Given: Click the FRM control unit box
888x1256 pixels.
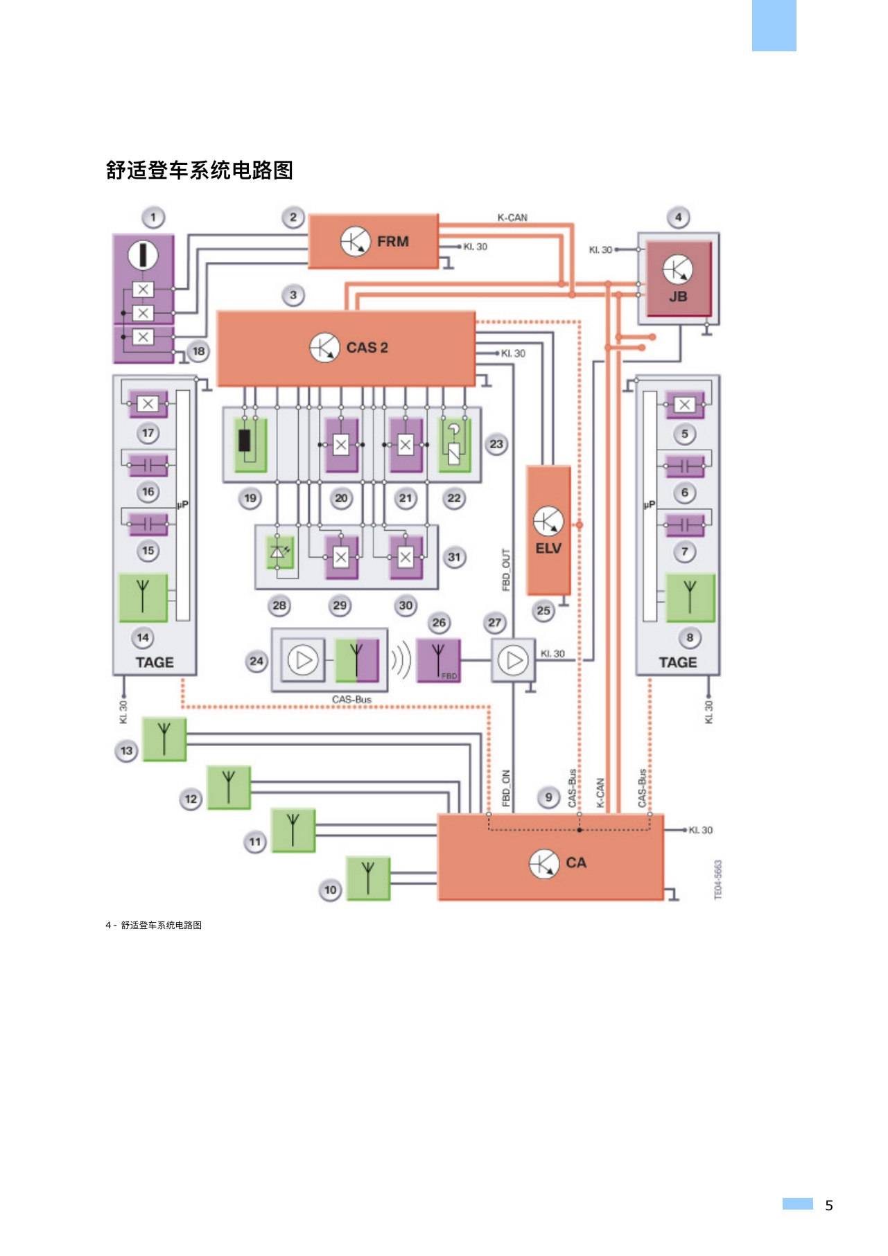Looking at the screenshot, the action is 373,241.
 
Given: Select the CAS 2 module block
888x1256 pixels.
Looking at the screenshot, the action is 346,348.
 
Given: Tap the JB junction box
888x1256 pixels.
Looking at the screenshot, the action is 679,278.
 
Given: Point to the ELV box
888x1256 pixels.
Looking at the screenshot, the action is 548,530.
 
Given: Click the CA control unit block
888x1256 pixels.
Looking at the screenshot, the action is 550,857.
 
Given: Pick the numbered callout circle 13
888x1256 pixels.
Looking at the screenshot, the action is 126,750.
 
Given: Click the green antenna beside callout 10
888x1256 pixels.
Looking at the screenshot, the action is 368,878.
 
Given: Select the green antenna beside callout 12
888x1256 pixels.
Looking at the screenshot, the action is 229,787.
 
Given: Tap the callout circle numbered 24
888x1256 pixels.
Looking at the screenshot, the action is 256,661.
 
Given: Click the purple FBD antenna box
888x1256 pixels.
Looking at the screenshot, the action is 438,660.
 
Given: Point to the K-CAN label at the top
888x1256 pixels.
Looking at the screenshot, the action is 512,218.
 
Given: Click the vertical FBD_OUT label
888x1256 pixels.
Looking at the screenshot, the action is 506,569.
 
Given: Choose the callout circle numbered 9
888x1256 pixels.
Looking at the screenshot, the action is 548,797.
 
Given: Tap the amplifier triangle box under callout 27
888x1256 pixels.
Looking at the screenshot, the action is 514,660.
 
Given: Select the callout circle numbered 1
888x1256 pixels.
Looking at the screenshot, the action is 153,218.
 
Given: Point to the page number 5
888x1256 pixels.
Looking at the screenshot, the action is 829,1205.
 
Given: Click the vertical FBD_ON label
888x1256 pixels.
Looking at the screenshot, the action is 506,788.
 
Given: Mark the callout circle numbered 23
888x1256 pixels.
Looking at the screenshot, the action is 496,444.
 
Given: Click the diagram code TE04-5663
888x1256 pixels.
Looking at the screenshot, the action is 718,880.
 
